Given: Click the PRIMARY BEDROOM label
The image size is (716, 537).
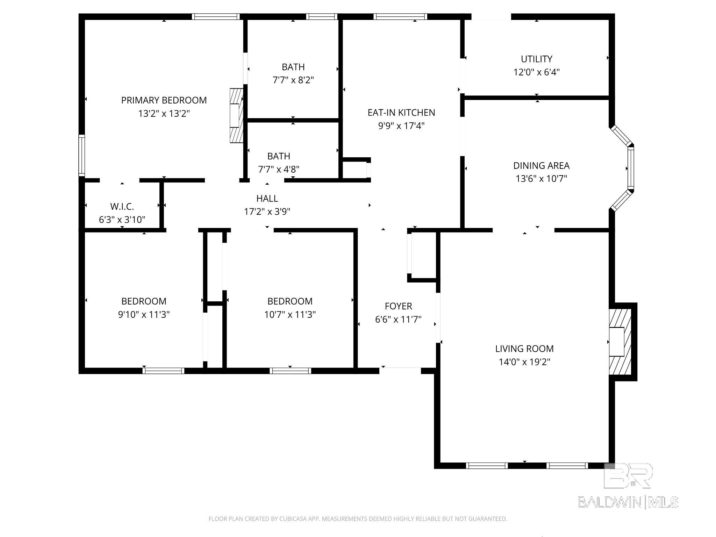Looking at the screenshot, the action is pyautogui.click(x=164, y=100).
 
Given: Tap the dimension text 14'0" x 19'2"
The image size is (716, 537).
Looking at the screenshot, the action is pyautogui.click(x=524, y=362).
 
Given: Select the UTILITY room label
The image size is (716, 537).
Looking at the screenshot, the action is pyautogui.click(x=537, y=59).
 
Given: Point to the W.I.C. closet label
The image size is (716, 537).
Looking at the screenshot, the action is pyautogui.click(x=122, y=207).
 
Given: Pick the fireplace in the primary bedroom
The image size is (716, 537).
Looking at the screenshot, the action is pyautogui.click(x=236, y=115).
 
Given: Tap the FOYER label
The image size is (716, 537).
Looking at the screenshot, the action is pyautogui.click(x=399, y=306).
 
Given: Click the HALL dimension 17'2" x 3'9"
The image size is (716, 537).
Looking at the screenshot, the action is pyautogui.click(x=267, y=212).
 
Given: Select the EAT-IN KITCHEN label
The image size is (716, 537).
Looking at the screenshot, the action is pyautogui.click(x=401, y=113).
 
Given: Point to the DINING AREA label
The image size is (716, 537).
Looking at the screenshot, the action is pyautogui.click(x=541, y=165).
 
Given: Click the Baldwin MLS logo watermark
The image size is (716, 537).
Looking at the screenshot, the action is pyautogui.click(x=628, y=486).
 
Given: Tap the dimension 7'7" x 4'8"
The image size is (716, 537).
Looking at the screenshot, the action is pyautogui.click(x=279, y=170).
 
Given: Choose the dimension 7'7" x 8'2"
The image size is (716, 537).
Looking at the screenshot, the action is pyautogui.click(x=293, y=80).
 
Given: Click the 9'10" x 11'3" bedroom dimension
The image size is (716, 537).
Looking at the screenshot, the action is pyautogui.click(x=144, y=315).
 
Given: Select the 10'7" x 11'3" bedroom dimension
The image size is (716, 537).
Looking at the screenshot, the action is pyautogui.click(x=290, y=315).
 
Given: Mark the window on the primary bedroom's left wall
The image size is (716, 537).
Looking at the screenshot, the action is pyautogui.click(x=81, y=155).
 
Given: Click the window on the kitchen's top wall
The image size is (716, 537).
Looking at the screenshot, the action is pyautogui.click(x=400, y=16).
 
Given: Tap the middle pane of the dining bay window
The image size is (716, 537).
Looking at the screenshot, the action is pyautogui.click(x=631, y=168).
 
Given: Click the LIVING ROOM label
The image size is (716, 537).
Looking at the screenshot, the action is pyautogui.click(x=524, y=349).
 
